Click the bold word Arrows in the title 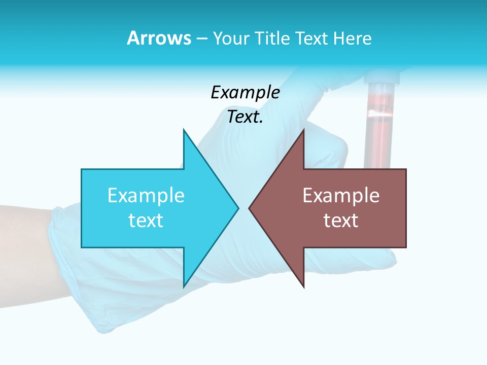pyautogui.click(x=159, y=38)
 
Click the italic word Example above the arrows pyautogui.click(x=245, y=93)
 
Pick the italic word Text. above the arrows pyautogui.click(x=245, y=117)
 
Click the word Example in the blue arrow pyautogui.click(x=146, y=196)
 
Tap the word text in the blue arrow pyautogui.click(x=146, y=221)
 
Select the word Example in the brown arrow pyautogui.click(x=341, y=196)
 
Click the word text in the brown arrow pyautogui.click(x=341, y=221)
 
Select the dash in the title pyautogui.click(x=201, y=39)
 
